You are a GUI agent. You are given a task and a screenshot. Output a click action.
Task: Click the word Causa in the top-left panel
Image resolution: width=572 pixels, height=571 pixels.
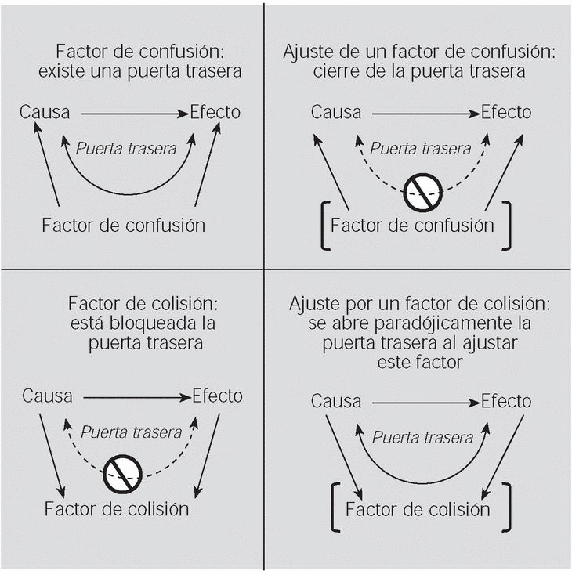pos(45,113)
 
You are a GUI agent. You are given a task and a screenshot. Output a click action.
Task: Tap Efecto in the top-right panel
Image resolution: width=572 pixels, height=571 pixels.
pos(505,112)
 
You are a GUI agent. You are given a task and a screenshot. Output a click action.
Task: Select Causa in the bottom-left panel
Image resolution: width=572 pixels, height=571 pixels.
pos(47,396)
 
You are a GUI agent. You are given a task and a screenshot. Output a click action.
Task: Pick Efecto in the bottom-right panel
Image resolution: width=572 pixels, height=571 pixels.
pos(505,402)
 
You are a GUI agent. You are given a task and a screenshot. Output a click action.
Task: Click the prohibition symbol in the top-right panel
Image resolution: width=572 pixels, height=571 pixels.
pos(423,188)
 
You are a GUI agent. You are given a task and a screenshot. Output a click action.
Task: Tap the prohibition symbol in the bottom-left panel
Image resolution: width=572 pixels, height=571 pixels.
pos(123,471)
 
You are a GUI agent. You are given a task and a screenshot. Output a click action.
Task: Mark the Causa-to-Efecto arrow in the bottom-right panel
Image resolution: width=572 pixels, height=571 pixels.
pos(423,403)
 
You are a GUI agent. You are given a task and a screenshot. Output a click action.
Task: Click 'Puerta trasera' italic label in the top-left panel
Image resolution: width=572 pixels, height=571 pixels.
pos(125,146)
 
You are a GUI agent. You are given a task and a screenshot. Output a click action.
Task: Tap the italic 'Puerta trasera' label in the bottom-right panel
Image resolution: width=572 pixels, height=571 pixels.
pos(422,438)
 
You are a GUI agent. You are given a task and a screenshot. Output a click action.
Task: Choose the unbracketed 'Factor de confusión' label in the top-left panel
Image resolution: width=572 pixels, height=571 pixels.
pos(123,226)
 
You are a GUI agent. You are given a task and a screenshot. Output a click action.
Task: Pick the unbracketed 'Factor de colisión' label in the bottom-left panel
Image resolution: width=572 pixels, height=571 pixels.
pos(117,508)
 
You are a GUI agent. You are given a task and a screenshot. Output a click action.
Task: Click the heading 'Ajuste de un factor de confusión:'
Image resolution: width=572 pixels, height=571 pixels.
pos(418,53)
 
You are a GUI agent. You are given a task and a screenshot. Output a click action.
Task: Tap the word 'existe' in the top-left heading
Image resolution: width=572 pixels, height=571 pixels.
pos(62,72)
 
